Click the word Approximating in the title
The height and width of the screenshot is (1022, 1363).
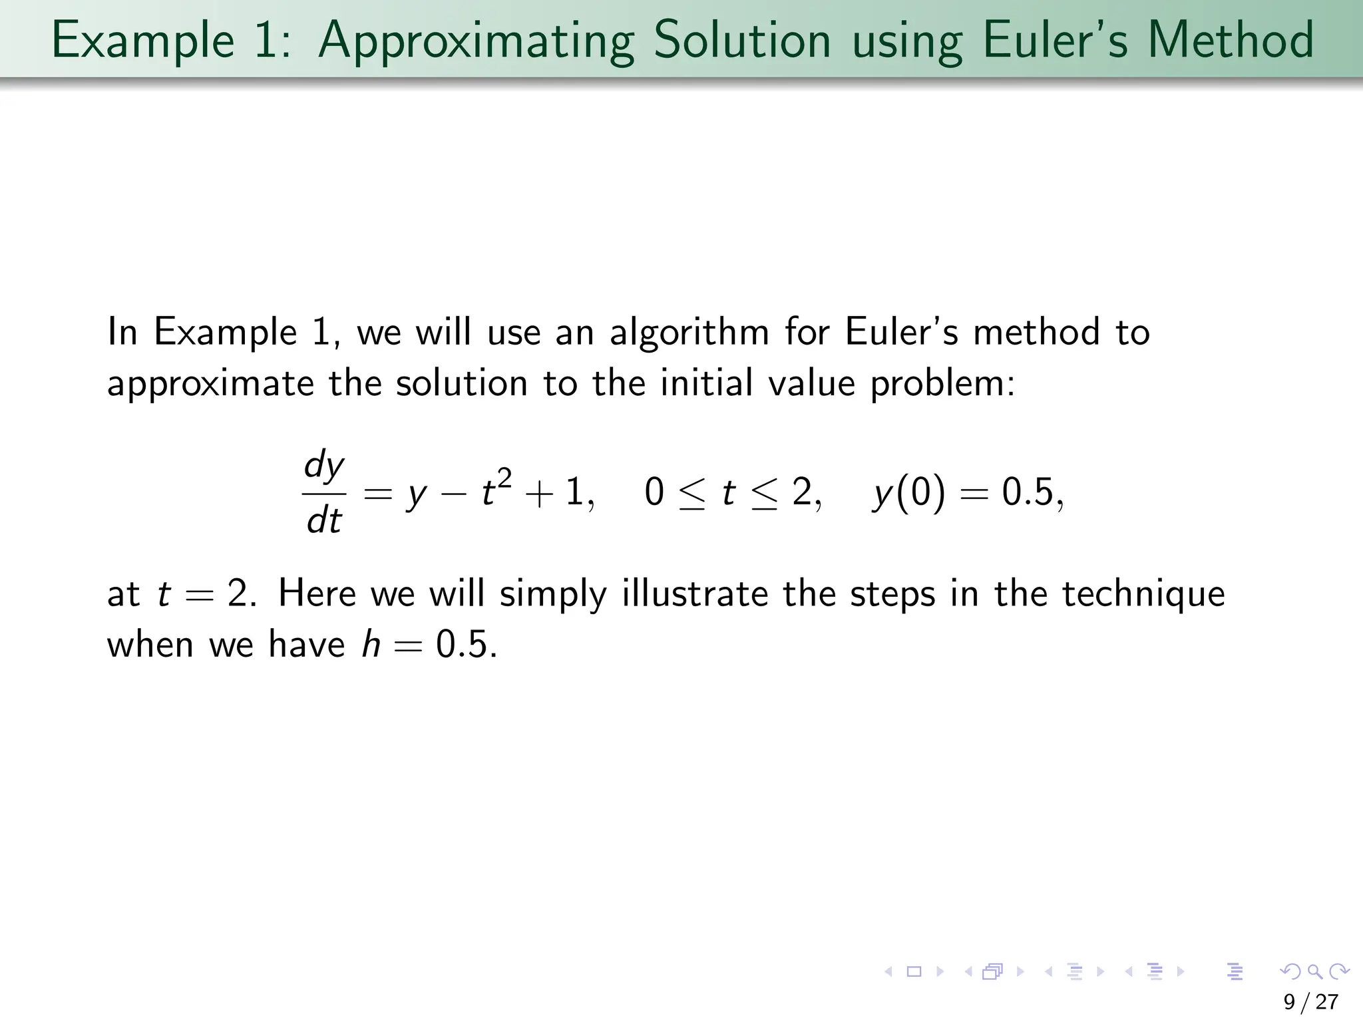(476, 41)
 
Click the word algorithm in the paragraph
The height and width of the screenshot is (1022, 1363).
(689, 333)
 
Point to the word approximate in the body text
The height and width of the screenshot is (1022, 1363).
(211, 385)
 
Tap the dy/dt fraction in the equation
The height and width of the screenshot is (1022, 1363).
(324, 493)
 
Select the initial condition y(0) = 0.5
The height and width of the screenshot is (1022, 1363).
(968, 494)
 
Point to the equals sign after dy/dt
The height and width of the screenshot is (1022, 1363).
(379, 494)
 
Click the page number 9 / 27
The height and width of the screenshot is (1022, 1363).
(1310, 1002)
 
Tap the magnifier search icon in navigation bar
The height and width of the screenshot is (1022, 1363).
(1314, 972)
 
